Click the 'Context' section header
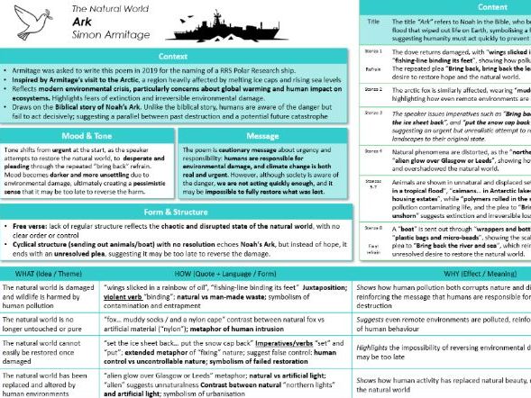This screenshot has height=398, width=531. tap(176, 56)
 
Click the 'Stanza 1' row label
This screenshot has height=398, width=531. tap(372, 52)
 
